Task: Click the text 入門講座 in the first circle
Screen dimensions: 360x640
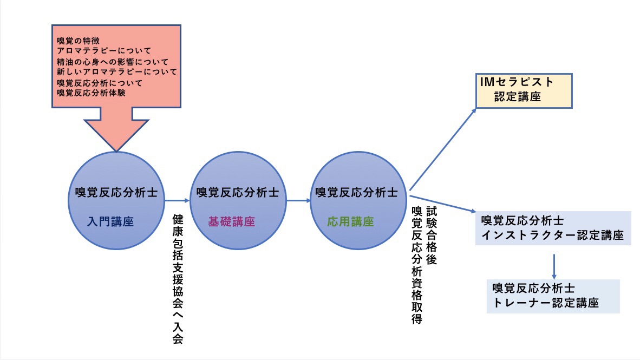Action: (x=110, y=221)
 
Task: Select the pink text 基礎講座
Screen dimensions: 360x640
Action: (x=231, y=221)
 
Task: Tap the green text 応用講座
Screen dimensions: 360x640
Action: (x=350, y=221)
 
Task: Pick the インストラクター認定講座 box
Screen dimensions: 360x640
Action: (x=553, y=228)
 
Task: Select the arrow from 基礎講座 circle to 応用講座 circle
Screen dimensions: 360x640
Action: (x=298, y=201)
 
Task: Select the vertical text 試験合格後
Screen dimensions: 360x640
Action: (x=432, y=235)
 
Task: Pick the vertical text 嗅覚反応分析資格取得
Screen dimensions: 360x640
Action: (x=416, y=265)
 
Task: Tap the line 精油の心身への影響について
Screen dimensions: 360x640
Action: (x=113, y=61)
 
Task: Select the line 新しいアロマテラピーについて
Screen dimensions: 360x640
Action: (x=117, y=71)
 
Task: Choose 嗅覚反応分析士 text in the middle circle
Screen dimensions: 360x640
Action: (x=238, y=192)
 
